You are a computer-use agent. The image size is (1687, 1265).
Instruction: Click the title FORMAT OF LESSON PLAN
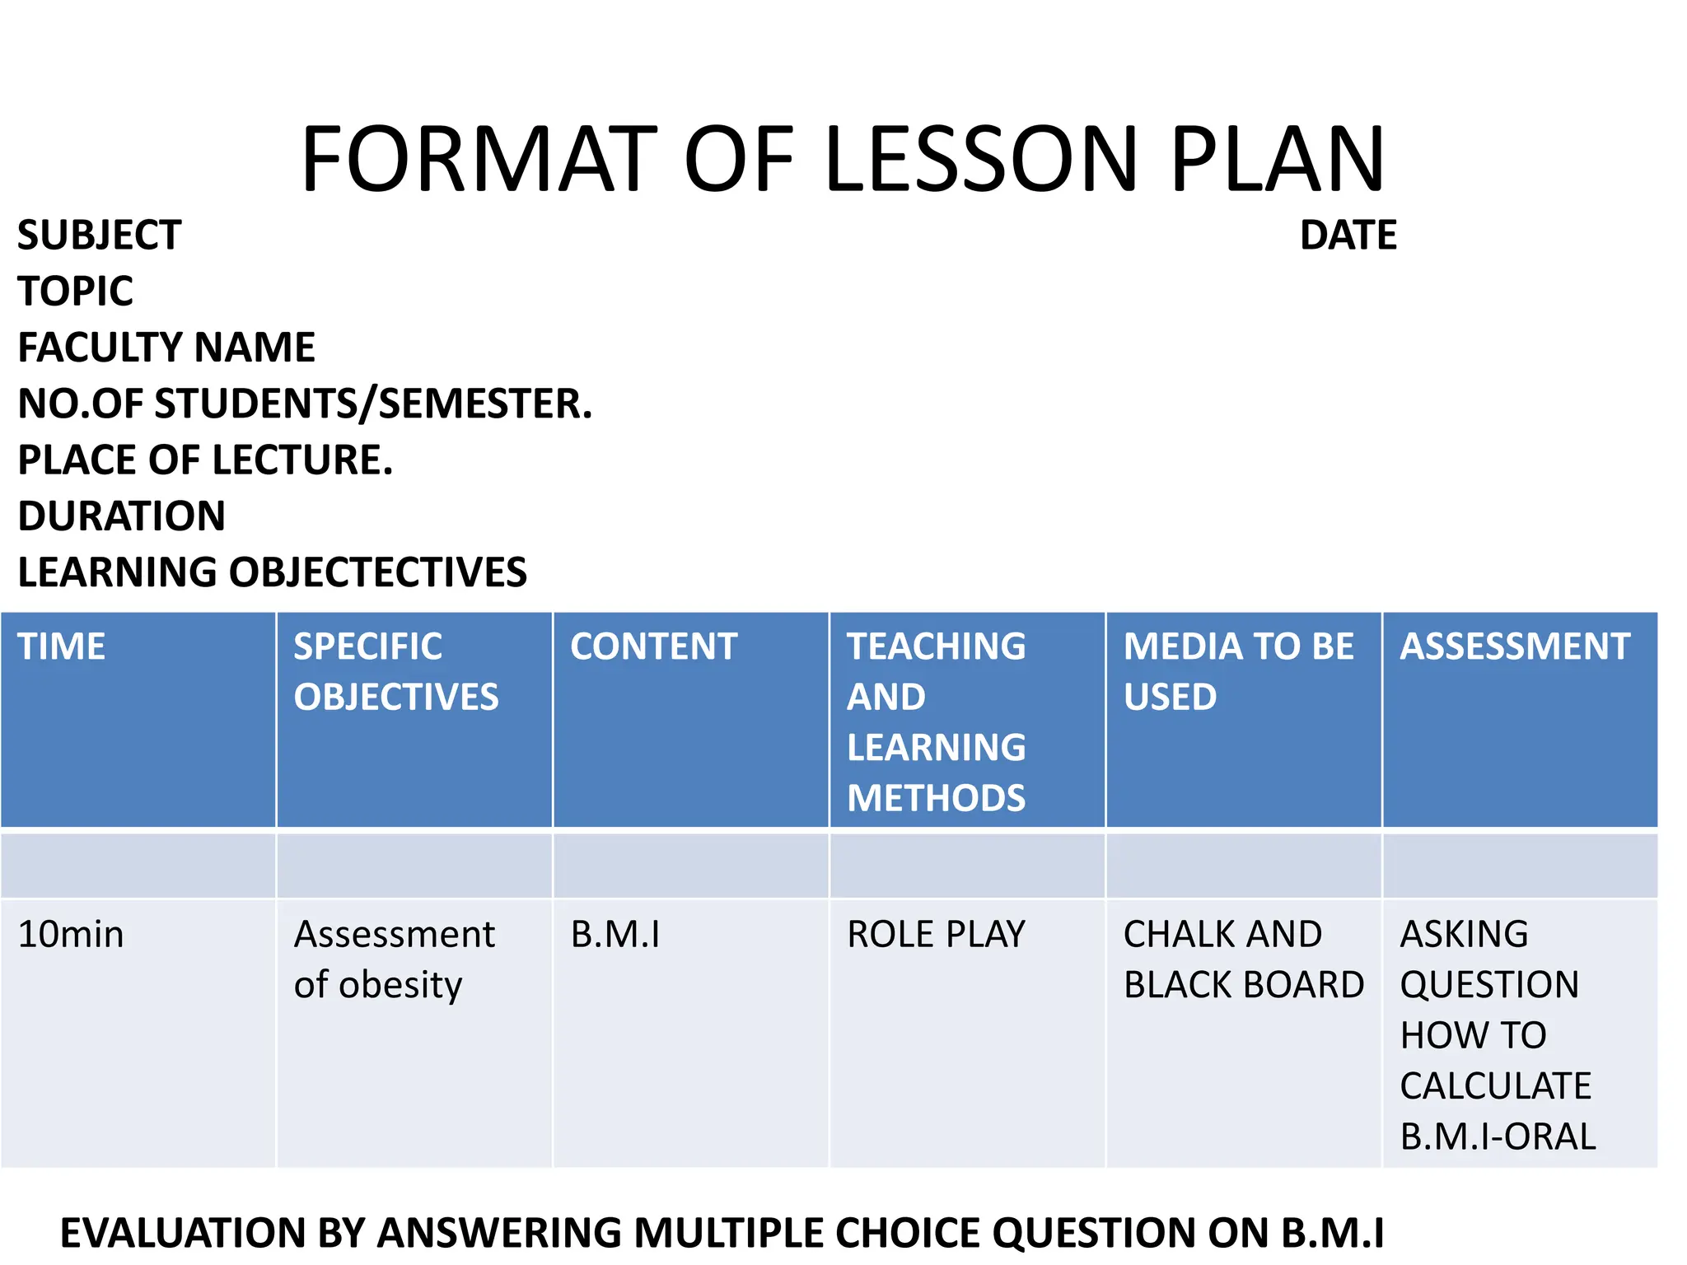843,159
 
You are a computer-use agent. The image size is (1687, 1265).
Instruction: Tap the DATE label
1348,236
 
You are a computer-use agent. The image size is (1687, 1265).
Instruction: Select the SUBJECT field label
99,236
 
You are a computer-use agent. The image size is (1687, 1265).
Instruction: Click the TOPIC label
75,292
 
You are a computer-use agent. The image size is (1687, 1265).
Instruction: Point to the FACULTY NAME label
166,348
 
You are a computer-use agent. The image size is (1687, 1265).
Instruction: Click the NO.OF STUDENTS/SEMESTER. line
305,404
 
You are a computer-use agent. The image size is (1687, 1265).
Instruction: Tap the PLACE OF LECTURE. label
205,460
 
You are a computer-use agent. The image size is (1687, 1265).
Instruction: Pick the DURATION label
121,516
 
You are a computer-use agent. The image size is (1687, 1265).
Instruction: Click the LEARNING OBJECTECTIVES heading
272,572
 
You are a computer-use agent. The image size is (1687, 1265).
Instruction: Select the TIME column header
62,647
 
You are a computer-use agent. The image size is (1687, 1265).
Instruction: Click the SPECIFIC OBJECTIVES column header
396,671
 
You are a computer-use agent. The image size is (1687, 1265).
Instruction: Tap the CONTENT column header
653,647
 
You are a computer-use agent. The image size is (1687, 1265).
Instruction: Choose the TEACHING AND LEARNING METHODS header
937,721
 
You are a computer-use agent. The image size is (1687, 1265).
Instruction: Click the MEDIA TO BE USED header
1238,671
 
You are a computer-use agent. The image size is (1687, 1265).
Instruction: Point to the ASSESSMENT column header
1515,647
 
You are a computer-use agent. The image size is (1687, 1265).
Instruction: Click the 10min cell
71,935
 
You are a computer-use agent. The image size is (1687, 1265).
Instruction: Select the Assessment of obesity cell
394,959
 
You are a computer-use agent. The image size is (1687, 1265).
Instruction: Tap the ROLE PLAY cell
936,935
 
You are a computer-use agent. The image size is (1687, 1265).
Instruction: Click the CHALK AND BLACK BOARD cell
1243,959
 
